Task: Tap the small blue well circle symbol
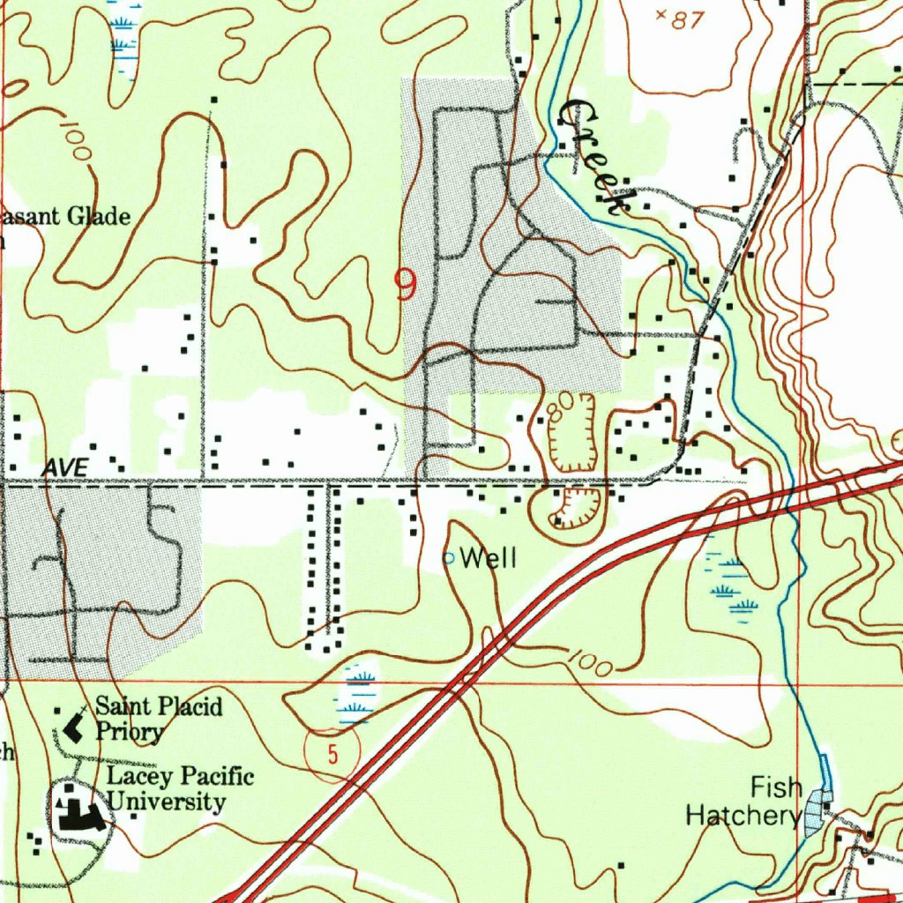(448, 558)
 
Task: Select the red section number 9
(405, 286)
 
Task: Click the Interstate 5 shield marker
(332, 754)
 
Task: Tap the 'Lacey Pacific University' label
(180, 789)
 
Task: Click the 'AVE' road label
(67, 468)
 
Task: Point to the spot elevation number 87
(685, 20)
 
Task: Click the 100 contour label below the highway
(588, 663)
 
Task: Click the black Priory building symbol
(74, 728)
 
